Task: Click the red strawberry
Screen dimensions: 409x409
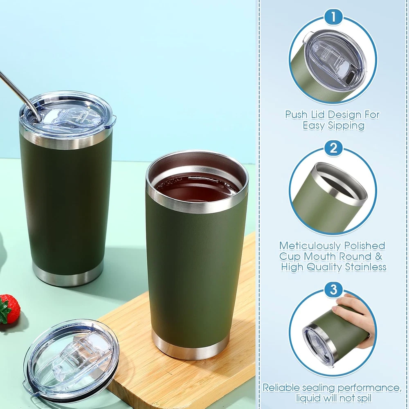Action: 10,308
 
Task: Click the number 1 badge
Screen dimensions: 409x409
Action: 333,17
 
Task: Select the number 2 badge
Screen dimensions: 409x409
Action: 333,148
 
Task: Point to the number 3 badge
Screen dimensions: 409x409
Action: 333,290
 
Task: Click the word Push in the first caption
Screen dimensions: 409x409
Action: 296,115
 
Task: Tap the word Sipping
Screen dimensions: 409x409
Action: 346,126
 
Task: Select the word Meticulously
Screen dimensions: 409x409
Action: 310,246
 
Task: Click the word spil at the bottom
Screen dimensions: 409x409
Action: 364,399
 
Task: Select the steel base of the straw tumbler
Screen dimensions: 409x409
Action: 68,274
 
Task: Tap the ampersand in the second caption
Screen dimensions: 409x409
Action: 379,256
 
